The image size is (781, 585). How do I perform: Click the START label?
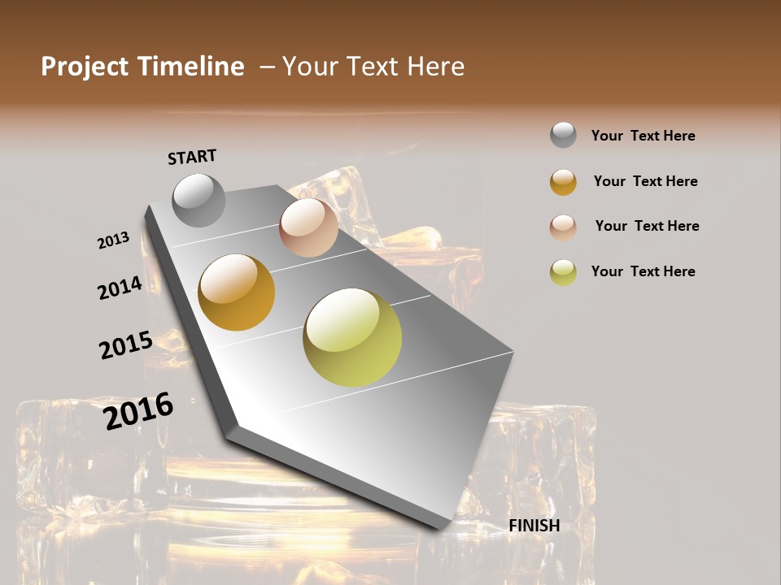[192, 157]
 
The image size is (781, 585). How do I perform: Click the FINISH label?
[534, 526]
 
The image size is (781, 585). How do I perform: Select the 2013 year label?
[113, 240]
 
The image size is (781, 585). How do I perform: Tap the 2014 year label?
[120, 288]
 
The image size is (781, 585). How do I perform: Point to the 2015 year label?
[126, 345]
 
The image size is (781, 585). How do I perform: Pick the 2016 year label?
[138, 410]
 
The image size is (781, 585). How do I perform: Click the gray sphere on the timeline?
[199, 200]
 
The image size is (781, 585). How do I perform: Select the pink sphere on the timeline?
[308, 227]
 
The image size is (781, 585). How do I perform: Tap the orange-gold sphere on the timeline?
[237, 292]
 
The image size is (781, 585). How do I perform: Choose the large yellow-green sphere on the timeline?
[352, 337]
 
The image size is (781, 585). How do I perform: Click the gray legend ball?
[563, 136]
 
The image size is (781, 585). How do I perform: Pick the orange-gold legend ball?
[563, 182]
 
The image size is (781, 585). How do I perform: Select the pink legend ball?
[563, 227]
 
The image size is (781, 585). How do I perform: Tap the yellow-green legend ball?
[563, 272]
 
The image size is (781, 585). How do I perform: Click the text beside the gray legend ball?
[643, 136]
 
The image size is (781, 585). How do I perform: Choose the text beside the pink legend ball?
[647, 226]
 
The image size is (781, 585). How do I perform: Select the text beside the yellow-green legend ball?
[643, 271]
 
